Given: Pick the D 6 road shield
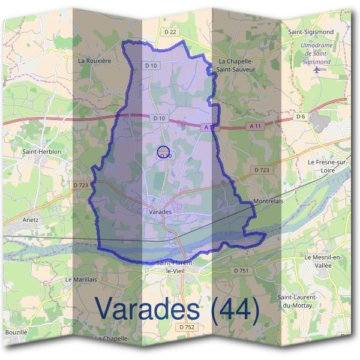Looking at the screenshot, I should [x=301, y=116].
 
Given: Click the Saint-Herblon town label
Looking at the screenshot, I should [x=42, y=152].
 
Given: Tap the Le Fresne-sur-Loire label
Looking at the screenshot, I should [x=328, y=166].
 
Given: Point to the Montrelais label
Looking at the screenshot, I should [x=268, y=202].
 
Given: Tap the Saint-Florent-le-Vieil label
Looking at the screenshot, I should [x=173, y=266].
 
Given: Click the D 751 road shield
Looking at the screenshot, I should [x=239, y=271].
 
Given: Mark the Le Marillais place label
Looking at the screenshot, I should [x=80, y=280].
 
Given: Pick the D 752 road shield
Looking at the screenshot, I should [x=187, y=327].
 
